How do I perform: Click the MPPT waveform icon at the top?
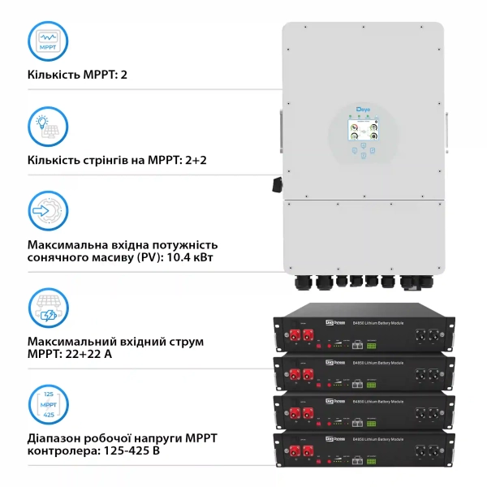pyautogui.click(x=48, y=41)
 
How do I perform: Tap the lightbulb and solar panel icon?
pyautogui.click(x=48, y=126)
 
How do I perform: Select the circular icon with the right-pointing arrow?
pyautogui.click(x=48, y=212)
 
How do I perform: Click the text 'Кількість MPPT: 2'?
pyautogui.click(x=78, y=75)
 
